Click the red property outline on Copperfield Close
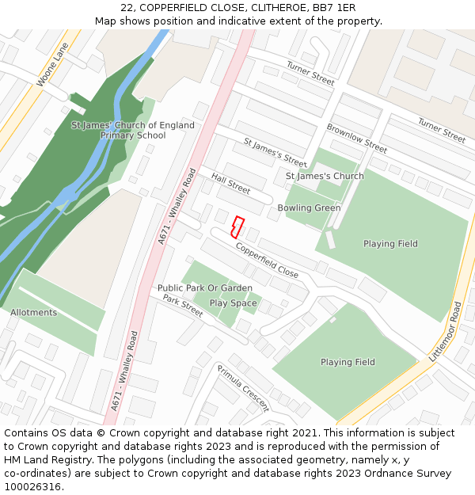[x=236, y=227]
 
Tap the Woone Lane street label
[x=53, y=65]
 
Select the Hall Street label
[x=230, y=185]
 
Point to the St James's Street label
[x=275, y=153]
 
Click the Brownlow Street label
[x=356, y=139]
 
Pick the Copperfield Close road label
[x=267, y=260]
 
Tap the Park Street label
[x=183, y=306]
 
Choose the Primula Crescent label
[x=243, y=388]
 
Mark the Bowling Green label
[x=309, y=208]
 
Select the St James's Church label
[x=325, y=176]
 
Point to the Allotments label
[x=33, y=313]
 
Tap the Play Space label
[x=233, y=303]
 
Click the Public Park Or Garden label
[x=204, y=288]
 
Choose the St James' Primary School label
[x=133, y=130]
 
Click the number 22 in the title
[x=127, y=8]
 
